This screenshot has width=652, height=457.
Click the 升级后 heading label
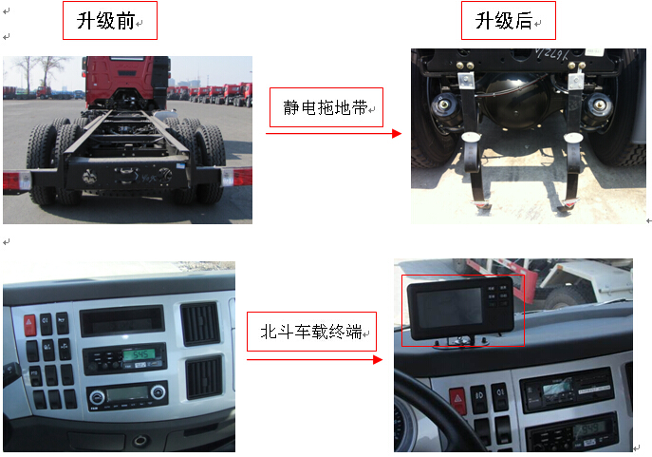click(x=504, y=21)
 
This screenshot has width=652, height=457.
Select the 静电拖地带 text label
click(x=326, y=107)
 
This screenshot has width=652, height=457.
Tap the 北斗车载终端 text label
click(x=311, y=332)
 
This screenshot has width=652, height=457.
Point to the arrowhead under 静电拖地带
click(x=397, y=134)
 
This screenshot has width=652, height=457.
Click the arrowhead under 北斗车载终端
click(x=378, y=359)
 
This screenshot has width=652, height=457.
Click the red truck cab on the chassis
click(x=126, y=82)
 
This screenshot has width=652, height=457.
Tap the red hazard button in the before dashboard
click(x=29, y=325)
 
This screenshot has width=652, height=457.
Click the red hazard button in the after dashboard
click(x=457, y=400)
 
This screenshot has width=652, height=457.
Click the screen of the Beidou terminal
click(x=450, y=308)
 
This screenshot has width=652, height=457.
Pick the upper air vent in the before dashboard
click(x=200, y=323)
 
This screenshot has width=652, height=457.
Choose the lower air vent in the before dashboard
click(x=204, y=376)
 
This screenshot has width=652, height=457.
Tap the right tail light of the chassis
click(x=236, y=177)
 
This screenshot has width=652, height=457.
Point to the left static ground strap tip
click(x=481, y=205)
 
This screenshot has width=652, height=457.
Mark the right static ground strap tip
click(x=567, y=204)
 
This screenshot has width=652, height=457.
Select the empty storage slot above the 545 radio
click(x=122, y=320)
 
